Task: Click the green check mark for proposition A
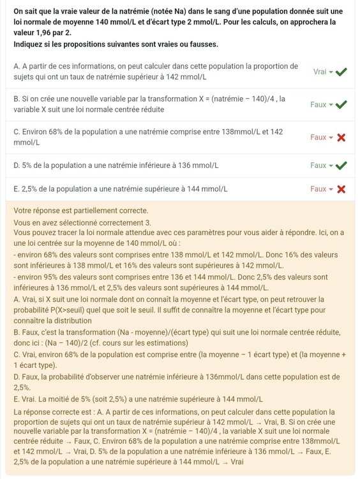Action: click(x=341, y=72)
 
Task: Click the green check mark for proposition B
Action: click(x=341, y=104)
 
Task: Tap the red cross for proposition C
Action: click(x=341, y=137)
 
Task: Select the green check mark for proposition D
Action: click(x=341, y=165)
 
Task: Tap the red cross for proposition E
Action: click(x=341, y=189)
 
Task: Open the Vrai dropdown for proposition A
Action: click(x=323, y=72)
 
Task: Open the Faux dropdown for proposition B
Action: click(x=321, y=104)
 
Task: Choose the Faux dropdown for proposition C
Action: click(x=321, y=137)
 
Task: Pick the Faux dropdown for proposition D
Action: click(x=321, y=165)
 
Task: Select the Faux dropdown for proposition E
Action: click(x=321, y=189)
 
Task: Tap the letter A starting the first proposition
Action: click(x=16, y=66)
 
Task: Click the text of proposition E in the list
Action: click(x=120, y=189)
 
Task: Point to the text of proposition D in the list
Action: click(x=116, y=165)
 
